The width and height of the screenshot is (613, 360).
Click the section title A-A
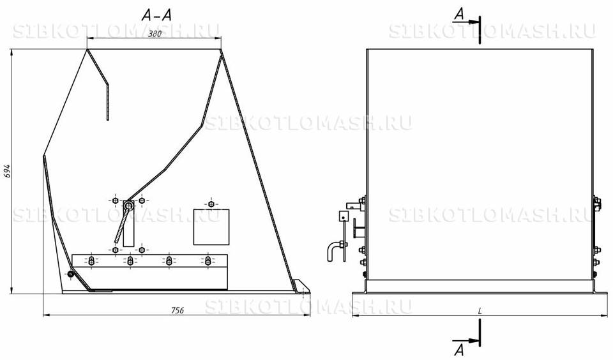tap(156, 15)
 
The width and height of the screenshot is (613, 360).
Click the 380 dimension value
tap(155, 34)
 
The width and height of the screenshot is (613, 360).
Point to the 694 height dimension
tap(6, 171)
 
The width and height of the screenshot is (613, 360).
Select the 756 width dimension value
tap(178, 310)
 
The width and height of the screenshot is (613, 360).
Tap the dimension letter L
tap(480, 311)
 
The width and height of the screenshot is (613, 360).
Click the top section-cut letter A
tap(460, 14)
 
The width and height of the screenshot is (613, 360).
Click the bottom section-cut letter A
tap(460, 349)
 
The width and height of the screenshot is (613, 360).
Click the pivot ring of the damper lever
tap(128, 204)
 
